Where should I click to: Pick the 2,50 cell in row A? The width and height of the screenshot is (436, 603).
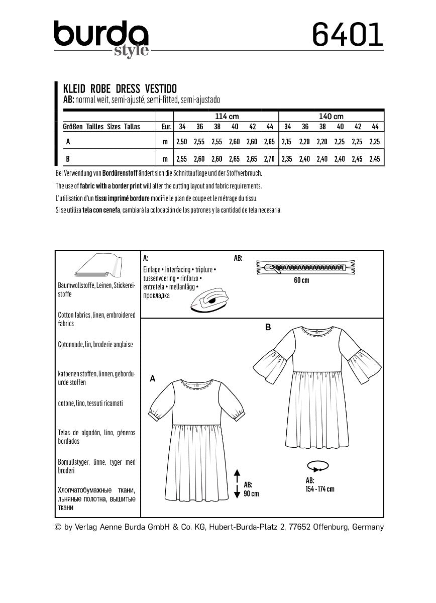pos(181,143)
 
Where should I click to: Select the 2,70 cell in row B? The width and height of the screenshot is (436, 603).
pos(269,159)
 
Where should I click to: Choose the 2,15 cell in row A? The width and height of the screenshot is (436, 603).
pos(287,143)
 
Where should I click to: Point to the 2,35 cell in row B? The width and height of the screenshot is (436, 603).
pos(287,159)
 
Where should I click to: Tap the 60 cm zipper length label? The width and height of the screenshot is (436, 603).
pos(301,280)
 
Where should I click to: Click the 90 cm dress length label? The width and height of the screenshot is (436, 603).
pos(251,489)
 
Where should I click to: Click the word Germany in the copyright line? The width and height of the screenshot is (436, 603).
pos(368,527)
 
